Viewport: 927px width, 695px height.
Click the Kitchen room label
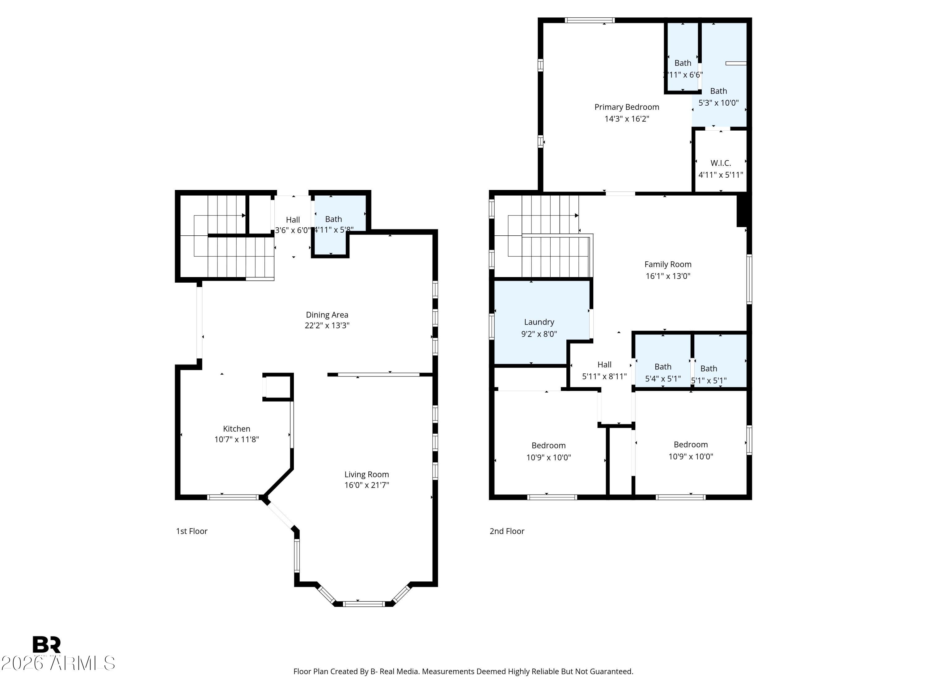point(236,428)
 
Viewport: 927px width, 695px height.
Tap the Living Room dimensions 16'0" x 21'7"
point(367,485)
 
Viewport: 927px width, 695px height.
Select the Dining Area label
point(327,315)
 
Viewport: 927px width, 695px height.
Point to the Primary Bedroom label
point(627,107)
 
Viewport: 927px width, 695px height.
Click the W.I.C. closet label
point(720,163)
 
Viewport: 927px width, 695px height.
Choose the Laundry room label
point(539,322)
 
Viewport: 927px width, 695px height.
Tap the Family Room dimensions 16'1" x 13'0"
point(667,276)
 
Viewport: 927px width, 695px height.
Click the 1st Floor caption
point(192,531)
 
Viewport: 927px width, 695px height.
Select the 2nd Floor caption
point(507,531)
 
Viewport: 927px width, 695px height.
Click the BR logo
point(47,644)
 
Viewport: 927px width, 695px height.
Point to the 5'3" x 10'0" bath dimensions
point(718,103)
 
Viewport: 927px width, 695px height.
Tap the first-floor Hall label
point(293,220)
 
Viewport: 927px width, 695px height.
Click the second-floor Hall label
point(604,364)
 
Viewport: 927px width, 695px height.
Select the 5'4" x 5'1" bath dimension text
point(662,379)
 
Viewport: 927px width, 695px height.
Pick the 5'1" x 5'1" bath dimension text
point(708,380)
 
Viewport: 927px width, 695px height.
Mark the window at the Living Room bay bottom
point(364,604)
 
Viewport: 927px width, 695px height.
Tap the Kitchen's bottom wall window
point(233,497)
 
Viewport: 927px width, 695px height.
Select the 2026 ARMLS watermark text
point(58,663)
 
